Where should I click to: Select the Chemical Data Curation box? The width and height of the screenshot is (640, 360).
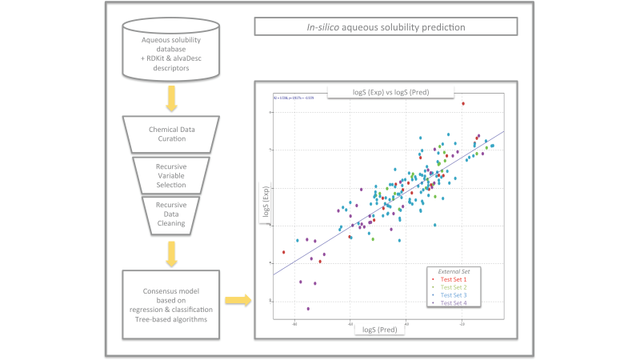tap(167, 133)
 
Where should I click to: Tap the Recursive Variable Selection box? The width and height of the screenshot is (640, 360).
tap(167, 174)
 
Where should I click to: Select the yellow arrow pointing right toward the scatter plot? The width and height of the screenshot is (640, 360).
tap(237, 301)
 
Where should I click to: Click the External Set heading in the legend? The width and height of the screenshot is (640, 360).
tap(453, 270)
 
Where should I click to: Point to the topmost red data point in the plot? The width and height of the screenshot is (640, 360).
tap(462, 103)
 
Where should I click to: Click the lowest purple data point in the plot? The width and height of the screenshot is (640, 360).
tap(308, 309)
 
